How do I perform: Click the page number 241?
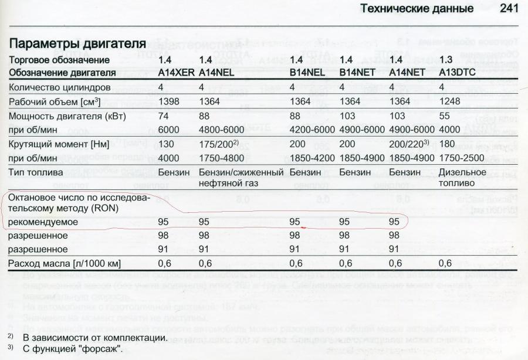click(x=509, y=9)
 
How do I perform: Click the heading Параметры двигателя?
click(x=77, y=44)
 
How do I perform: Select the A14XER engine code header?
click(x=176, y=73)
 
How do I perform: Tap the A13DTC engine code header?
click(x=457, y=73)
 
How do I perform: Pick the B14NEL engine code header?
click(x=307, y=73)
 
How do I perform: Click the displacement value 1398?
click(x=170, y=101)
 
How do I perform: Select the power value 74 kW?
click(x=164, y=116)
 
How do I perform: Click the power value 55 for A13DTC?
click(x=445, y=116)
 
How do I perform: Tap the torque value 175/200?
click(x=218, y=144)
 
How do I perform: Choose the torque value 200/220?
click(x=409, y=144)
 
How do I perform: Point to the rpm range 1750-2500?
click(x=463, y=158)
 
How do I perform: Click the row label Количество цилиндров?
click(x=60, y=87)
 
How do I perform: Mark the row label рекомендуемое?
click(x=43, y=222)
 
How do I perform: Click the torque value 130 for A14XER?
click(x=167, y=144)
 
